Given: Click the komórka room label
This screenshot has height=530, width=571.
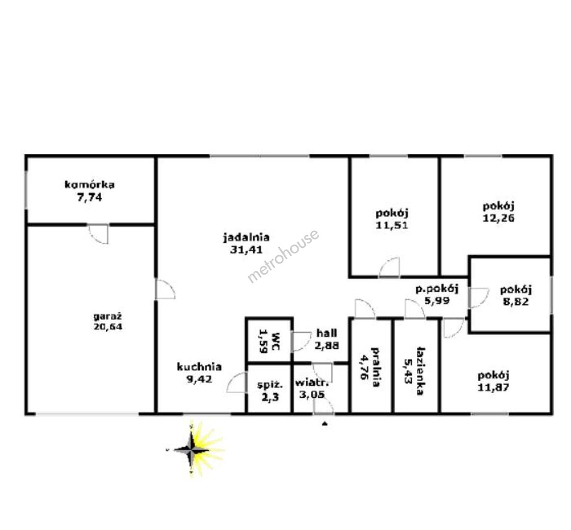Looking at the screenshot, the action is click(x=89, y=185).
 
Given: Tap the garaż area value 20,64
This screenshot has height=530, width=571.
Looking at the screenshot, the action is click(x=108, y=326).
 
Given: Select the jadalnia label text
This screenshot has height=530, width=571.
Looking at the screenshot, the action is click(x=246, y=238).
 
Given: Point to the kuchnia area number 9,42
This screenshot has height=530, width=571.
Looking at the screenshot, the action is click(x=199, y=379).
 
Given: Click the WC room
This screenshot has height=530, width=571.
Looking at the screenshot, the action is click(x=269, y=341).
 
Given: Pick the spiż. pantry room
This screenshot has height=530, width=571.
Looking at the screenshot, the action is click(x=269, y=389).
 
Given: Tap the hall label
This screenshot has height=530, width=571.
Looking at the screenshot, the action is click(x=326, y=333).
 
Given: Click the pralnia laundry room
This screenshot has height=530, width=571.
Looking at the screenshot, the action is click(x=372, y=366).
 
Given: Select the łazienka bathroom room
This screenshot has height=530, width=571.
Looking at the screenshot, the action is click(x=417, y=366).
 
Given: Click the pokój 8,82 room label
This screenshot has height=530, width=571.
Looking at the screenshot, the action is click(x=516, y=290).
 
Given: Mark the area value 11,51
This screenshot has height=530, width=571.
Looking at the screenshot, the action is click(x=392, y=225).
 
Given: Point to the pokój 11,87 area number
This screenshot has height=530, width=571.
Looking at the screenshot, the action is click(x=493, y=387).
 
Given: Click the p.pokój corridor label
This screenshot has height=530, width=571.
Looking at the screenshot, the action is click(x=437, y=289).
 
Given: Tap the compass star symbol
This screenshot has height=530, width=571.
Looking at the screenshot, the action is click(x=192, y=449).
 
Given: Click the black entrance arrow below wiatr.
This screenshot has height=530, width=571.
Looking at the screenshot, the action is click(x=325, y=424).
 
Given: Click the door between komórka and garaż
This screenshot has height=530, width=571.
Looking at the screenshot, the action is click(x=98, y=234).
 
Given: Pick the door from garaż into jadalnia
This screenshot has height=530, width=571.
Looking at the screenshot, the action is click(x=165, y=290).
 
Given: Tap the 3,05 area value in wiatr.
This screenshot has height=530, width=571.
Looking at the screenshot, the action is click(x=312, y=395).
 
